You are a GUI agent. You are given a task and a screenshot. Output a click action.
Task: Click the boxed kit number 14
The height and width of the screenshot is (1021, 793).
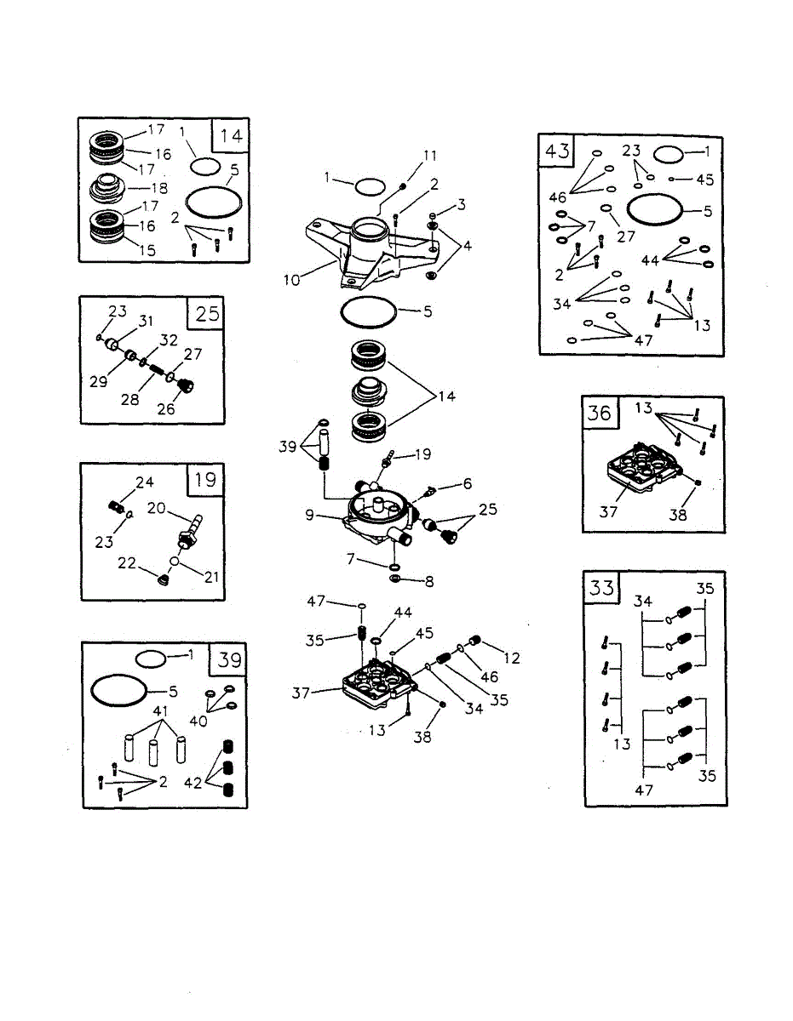(231, 136)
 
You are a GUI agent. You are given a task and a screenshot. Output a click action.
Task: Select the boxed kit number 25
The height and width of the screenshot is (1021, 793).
(207, 314)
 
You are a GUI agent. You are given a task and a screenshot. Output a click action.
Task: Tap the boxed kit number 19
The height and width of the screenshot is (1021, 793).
(205, 480)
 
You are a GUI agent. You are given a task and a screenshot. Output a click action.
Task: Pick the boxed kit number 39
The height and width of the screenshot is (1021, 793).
(230, 659)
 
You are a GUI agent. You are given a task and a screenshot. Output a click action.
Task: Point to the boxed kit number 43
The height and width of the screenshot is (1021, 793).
(557, 152)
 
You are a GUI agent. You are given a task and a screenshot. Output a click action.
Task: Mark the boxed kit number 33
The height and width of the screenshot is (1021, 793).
(602, 587)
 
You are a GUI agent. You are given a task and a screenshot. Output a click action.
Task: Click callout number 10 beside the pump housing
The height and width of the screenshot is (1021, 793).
(292, 280)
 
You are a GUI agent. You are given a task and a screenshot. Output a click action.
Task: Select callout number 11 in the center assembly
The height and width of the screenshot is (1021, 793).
(429, 155)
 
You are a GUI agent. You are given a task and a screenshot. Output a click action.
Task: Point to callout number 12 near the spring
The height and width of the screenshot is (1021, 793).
(511, 659)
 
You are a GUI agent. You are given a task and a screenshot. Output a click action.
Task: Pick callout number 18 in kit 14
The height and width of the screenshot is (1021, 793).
(158, 187)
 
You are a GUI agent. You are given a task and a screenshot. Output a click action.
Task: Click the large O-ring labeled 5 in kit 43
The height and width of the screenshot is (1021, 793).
(653, 209)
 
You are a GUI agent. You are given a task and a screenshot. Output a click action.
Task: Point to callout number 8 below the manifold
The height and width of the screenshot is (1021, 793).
(428, 582)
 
